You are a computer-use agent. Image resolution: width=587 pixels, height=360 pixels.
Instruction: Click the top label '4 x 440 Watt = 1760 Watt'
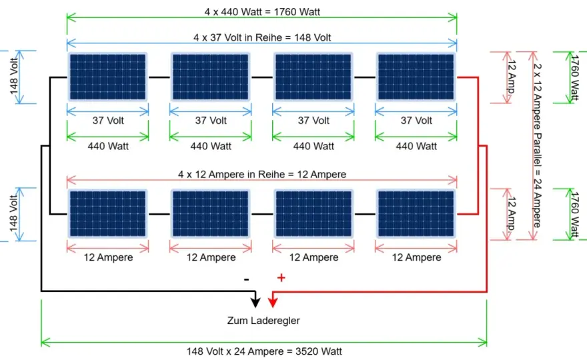point(262,12)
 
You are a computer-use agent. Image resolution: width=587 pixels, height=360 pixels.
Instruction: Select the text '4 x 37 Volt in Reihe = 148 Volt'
point(262,37)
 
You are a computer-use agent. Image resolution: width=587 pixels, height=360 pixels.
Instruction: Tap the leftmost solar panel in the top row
point(108,77)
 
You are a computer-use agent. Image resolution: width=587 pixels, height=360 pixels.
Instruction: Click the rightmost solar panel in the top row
point(416,77)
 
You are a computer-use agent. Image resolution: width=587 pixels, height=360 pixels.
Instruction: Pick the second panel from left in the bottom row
point(210,214)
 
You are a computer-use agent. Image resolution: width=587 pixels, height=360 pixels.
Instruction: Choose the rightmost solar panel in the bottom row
point(416,214)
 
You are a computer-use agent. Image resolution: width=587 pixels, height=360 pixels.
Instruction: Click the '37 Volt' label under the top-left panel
point(108,121)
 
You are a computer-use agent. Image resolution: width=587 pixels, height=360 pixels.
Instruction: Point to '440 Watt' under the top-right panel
point(416,146)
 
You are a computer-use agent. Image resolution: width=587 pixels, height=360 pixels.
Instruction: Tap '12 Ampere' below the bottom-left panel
point(108,257)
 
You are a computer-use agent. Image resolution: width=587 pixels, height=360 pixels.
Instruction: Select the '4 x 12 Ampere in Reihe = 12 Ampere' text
point(262,175)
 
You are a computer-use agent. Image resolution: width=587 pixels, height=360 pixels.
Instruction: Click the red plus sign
point(281,278)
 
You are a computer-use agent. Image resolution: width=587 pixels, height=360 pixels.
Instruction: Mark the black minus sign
point(246,279)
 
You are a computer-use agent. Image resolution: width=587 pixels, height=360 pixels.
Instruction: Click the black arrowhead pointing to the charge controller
point(255,301)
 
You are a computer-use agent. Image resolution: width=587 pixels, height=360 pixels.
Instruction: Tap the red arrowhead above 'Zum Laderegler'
point(273,301)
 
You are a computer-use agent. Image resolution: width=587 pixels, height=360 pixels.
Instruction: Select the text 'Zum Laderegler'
point(263,321)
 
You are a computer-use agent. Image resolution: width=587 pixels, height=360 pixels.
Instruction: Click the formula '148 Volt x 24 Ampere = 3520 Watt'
point(264,351)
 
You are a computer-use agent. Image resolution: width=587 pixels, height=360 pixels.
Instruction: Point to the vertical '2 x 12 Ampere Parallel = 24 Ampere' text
point(538,145)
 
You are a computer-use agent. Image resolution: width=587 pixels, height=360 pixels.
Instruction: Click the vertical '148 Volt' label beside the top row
point(14,77)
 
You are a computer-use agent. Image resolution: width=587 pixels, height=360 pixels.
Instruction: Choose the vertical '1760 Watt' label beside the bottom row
point(574,215)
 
